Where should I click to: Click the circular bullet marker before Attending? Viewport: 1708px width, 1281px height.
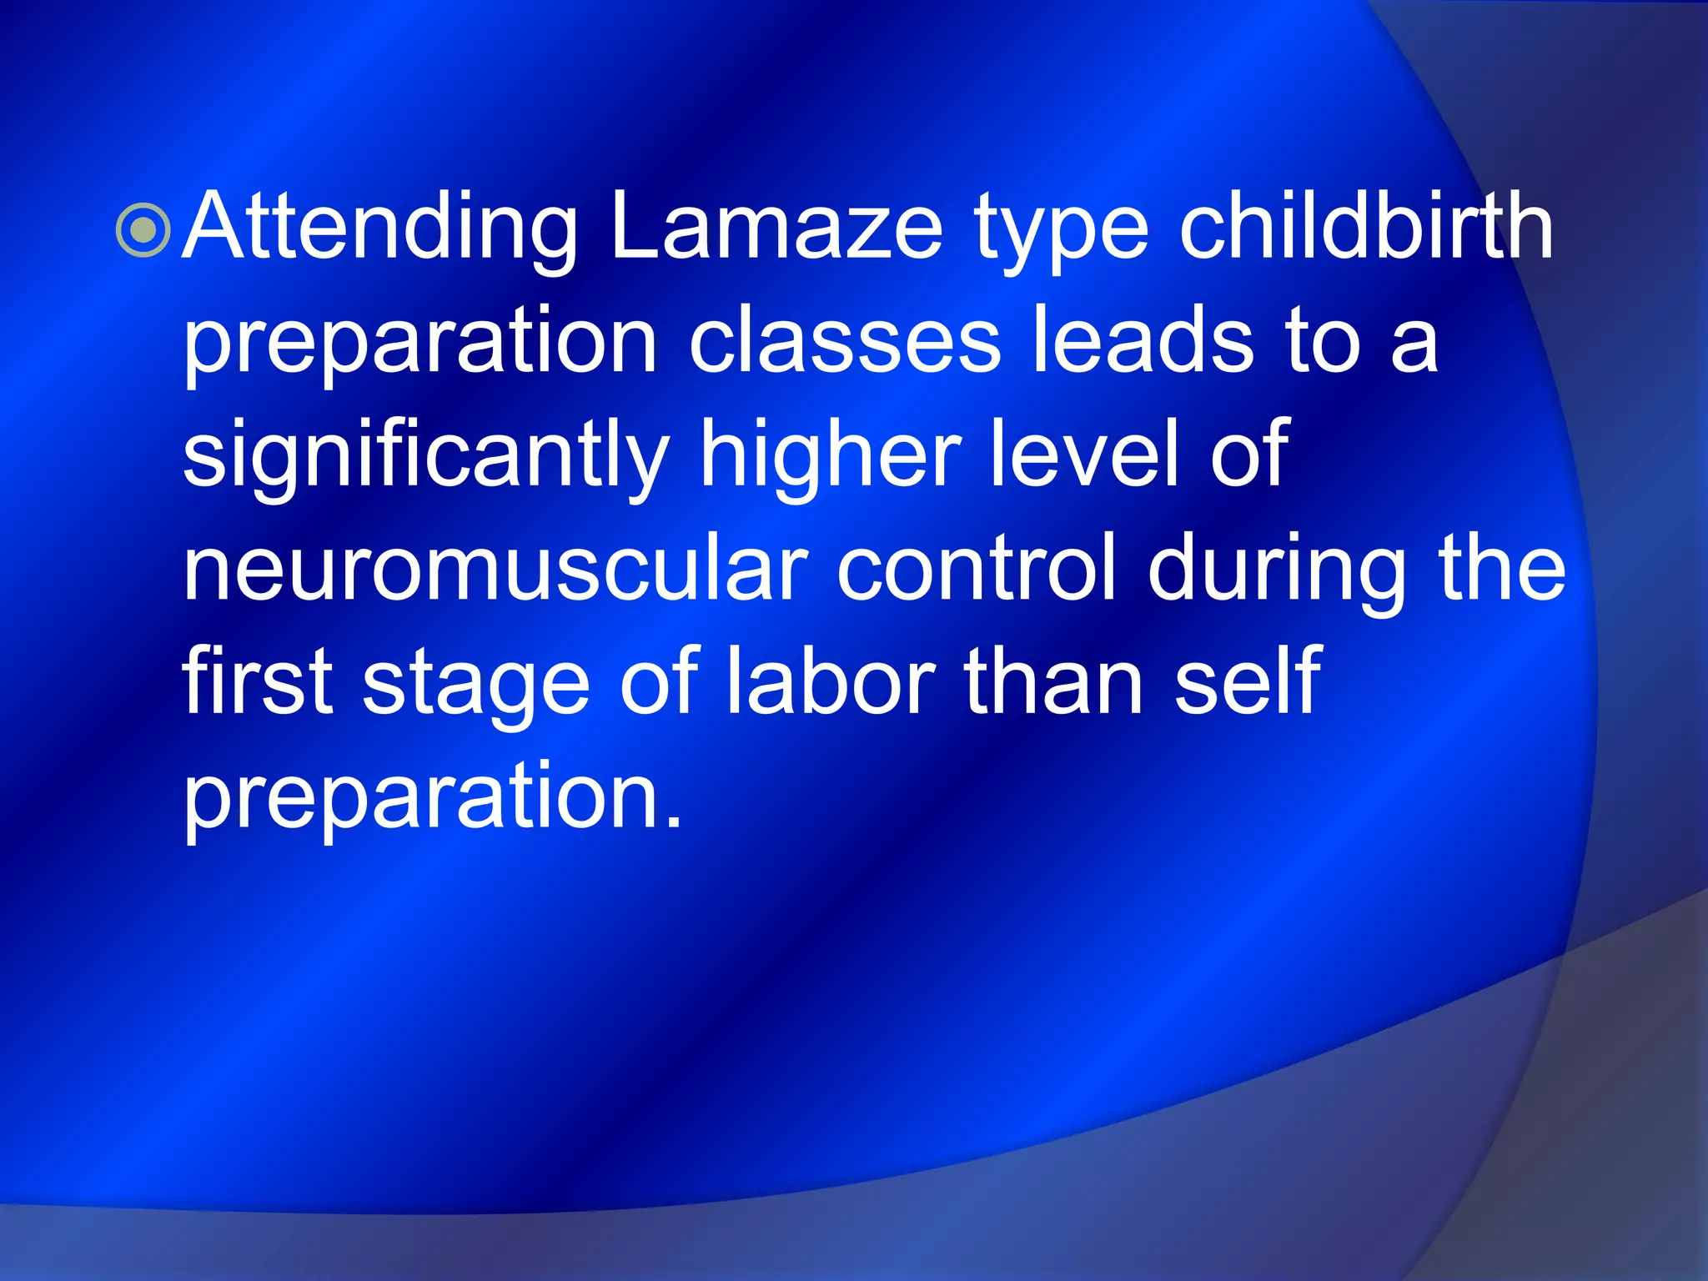(x=143, y=230)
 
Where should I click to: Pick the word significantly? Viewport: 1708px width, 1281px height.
(x=425, y=457)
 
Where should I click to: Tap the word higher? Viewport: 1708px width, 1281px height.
(x=831, y=457)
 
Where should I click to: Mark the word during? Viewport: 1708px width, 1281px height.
(x=1276, y=570)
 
